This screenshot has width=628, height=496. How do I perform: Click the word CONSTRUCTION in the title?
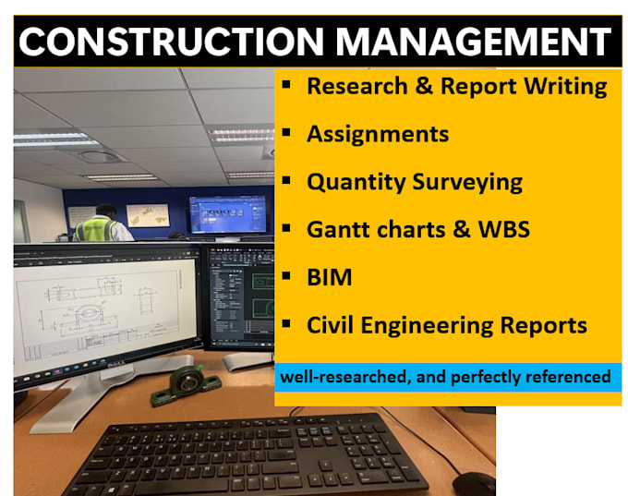pyautogui.click(x=171, y=42)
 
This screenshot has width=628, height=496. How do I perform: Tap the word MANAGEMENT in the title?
pyautogui.click(x=474, y=42)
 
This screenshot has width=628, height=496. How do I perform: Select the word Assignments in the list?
pyautogui.click(x=378, y=134)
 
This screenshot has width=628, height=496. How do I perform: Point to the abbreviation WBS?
pyautogui.click(x=504, y=229)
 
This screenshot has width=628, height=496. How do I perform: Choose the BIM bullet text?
pyautogui.click(x=329, y=277)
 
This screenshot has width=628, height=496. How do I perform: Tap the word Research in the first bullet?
pyautogui.click(x=357, y=86)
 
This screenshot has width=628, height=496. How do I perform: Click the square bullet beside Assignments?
pyautogui.click(x=286, y=133)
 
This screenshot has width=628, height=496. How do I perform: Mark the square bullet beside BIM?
pyautogui.click(x=286, y=275)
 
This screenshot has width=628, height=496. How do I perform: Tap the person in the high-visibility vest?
pyautogui.click(x=103, y=224)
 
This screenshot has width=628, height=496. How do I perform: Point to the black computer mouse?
pyautogui.click(x=474, y=484)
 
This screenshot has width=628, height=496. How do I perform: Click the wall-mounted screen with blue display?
pyautogui.click(x=227, y=214)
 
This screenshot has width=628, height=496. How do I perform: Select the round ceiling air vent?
pyautogui.click(x=99, y=156)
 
